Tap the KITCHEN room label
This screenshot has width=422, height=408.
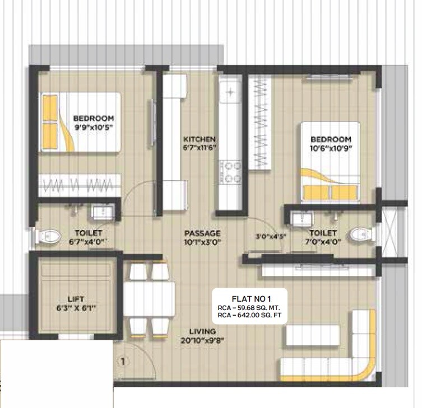tap(199, 139)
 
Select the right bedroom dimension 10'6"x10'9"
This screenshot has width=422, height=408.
tap(331, 148)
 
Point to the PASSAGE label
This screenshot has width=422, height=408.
tap(202, 233)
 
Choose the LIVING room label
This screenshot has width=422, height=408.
tap(202, 332)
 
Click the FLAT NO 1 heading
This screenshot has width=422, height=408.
tap(252, 299)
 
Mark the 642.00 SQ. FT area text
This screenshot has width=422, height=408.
tap(252, 316)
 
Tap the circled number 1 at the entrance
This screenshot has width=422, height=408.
tap(123, 362)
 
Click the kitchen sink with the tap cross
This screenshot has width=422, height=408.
tap(229, 91)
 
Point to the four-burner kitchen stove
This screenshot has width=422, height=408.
tap(229, 172)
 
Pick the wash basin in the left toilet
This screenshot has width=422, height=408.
tap(101, 212)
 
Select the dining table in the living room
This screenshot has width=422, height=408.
tap(149, 300)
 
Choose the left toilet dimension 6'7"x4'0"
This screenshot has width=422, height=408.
tap(89, 242)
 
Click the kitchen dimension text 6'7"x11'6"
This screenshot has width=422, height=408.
tap(200, 147)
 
